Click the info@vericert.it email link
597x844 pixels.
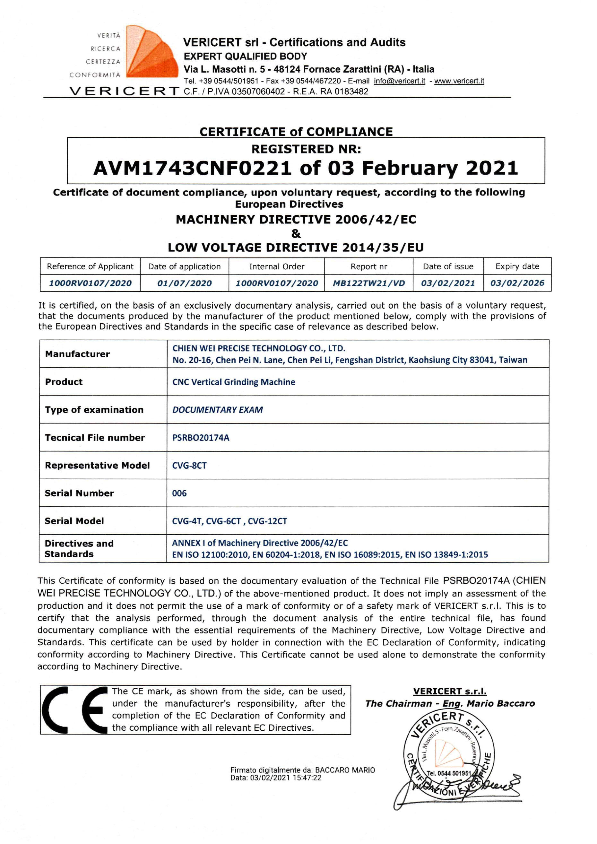coord(399,81)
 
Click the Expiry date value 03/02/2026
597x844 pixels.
coord(517,283)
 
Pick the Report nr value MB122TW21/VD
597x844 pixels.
coord(368,283)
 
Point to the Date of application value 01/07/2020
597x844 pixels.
coord(184,283)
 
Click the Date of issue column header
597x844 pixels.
coord(448,266)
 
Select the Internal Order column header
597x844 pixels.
coord(276,266)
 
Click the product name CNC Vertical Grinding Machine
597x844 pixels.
coord(233,382)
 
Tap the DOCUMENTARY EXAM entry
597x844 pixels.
coord(217,410)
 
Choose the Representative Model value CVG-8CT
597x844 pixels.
coord(189,466)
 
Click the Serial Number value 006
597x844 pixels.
coord(179,493)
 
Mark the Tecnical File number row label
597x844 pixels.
coord(94,438)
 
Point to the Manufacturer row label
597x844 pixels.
coord(77,354)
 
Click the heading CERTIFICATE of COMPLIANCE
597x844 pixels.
coord(296,132)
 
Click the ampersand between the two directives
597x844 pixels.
coord(296,233)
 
